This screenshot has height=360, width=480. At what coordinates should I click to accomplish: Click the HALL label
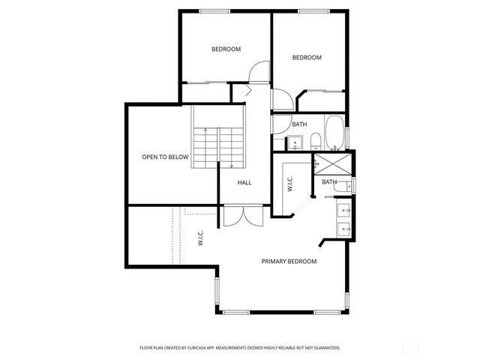tap(244, 183)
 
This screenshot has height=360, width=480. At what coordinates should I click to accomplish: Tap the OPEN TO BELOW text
tap(165, 157)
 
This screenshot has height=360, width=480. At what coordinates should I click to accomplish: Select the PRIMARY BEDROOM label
tap(289, 262)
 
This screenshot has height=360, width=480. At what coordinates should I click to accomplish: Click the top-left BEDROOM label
tap(226, 49)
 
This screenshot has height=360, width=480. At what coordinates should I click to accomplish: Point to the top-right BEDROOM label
tap(307, 58)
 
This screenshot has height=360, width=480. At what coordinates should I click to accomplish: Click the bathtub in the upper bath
tap(334, 133)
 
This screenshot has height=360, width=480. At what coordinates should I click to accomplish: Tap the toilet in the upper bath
tap(316, 140)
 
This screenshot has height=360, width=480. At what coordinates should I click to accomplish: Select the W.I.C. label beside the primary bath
tap(289, 184)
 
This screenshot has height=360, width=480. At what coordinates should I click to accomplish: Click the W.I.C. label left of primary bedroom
tap(201, 238)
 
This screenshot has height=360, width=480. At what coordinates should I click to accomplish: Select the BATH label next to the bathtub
tap(299, 124)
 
